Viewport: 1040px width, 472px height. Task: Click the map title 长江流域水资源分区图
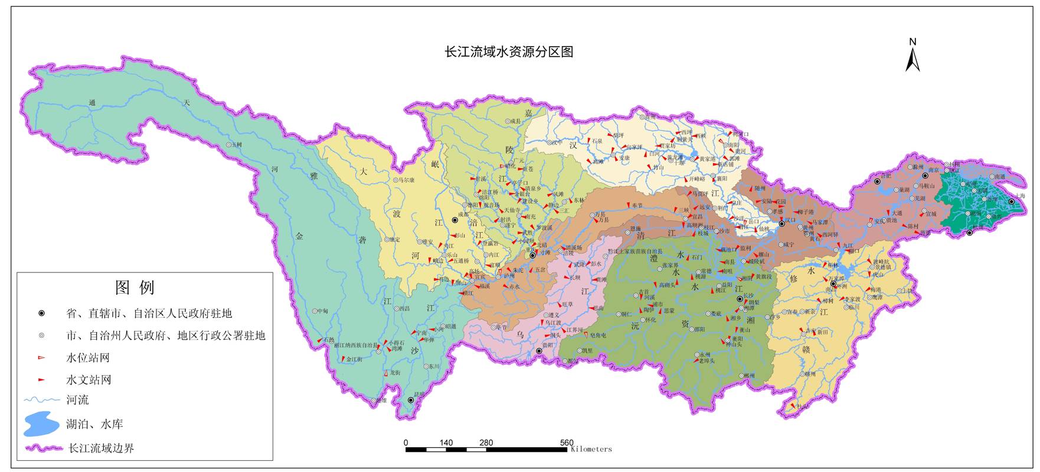509,52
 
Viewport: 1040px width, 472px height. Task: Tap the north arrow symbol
913,57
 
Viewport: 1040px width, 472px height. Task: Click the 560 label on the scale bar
567,442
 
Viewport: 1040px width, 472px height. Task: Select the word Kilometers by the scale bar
591,450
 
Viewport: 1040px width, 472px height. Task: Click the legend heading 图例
135,288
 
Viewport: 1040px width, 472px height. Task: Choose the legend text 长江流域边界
102,448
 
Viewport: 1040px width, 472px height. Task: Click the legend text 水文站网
89,380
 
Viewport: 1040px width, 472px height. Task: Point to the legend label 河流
77,400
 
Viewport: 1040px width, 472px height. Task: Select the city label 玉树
237,145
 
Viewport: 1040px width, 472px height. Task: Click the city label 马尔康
407,180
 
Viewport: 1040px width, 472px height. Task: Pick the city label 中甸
322,311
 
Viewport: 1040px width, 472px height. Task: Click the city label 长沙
748,295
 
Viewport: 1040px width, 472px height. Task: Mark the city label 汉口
790,220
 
